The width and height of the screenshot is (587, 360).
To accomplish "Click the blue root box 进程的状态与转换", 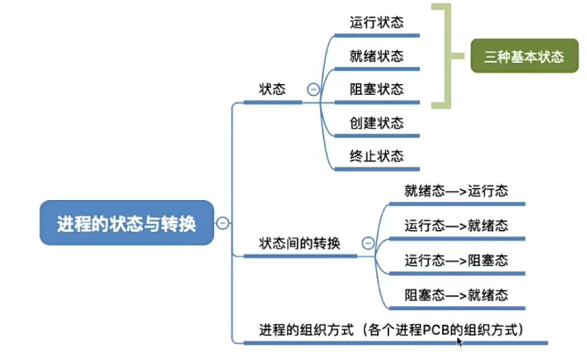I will [125, 223].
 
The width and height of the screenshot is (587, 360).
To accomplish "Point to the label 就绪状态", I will [377, 56].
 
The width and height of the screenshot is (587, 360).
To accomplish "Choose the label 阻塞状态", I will [377, 89].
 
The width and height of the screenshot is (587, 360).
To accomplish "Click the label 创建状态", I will [377, 123].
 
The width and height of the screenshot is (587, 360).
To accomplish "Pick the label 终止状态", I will [377, 156].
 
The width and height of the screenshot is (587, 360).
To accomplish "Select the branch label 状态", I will [273, 89].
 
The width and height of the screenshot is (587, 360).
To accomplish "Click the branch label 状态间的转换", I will [299, 243].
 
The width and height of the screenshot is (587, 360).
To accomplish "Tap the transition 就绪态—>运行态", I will [456, 191].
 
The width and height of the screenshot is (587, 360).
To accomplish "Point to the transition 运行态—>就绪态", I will [456, 226].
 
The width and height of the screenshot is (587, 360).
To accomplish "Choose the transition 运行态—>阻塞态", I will [456, 260].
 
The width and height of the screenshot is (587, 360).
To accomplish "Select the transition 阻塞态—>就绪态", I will [456, 295].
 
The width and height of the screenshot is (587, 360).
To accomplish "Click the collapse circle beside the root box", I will [222, 223].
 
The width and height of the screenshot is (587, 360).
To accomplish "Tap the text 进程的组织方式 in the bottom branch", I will [300, 329].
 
